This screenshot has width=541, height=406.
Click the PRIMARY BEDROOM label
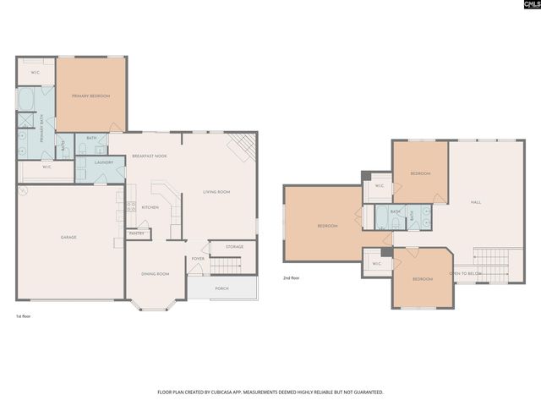coord(90,96)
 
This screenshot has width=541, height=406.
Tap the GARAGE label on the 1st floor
coord(68,237)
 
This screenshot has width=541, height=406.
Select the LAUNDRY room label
coord(104,162)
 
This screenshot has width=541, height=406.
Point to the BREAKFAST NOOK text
coord(149,156)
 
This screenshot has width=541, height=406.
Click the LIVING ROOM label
coord(216,192)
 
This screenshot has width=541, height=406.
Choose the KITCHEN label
coord(150,207)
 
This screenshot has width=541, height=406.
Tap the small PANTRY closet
coord(135,233)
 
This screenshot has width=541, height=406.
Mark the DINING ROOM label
coord(155,273)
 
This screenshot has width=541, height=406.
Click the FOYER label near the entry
coord(198,259)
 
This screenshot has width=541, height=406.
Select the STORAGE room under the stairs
coord(234,246)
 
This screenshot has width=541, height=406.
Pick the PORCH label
coord(221,288)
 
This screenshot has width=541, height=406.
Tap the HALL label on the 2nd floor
coord(476,202)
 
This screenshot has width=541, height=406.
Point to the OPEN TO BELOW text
coord(466,273)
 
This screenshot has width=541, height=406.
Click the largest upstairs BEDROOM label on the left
coord(328,226)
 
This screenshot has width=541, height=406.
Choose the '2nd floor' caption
coord(291,277)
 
